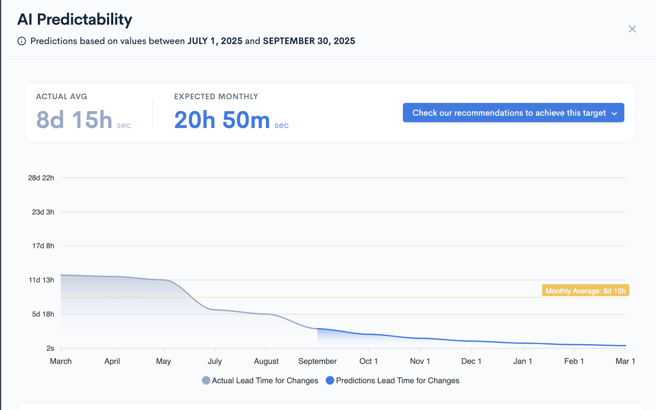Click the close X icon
pos(632,29)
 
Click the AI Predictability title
pos(74,19)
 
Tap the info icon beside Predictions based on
pos(22,41)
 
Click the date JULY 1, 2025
pos(215,41)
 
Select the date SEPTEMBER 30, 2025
pos(309,41)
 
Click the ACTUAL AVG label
pos(61,96)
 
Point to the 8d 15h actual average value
pos(74,120)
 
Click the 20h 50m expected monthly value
pos(222,120)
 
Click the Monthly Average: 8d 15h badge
pos(585,291)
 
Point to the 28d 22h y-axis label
pos(41,178)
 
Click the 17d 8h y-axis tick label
pos(43,246)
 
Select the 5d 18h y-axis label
pos(43,314)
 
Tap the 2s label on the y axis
pos(50,348)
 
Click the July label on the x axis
pos(215,361)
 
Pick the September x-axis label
pos(317,361)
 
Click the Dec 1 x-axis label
pos(471,361)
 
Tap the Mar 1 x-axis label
pos(625,361)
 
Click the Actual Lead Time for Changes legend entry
pos(260,380)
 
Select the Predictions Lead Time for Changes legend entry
pos(393,380)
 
